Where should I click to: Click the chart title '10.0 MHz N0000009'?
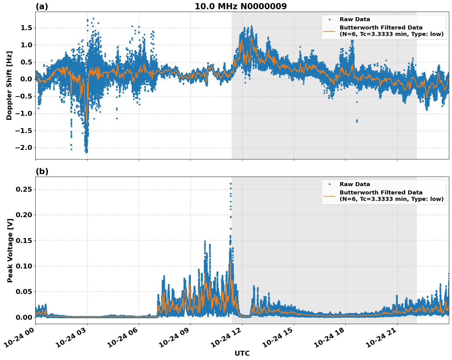coord(241,6)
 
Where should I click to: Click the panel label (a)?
coord(42,6)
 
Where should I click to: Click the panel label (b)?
coord(42,171)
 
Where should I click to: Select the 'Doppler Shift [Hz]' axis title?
coord(9,85)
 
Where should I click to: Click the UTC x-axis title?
coord(242,353)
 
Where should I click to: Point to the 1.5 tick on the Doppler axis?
coord(26,28)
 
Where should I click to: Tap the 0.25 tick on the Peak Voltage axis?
coord(24,190)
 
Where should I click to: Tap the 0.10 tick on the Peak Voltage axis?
coord(24,266)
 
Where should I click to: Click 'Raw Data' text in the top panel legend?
coord(355,19)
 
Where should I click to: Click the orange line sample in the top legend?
coord(329,31)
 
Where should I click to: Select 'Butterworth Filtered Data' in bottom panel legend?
coord(381,193)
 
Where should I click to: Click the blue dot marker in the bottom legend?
coord(329,184)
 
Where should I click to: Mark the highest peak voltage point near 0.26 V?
coord(231,184)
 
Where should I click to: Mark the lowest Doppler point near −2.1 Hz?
coord(87,152)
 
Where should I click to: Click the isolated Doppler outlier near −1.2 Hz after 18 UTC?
coord(357,121)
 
